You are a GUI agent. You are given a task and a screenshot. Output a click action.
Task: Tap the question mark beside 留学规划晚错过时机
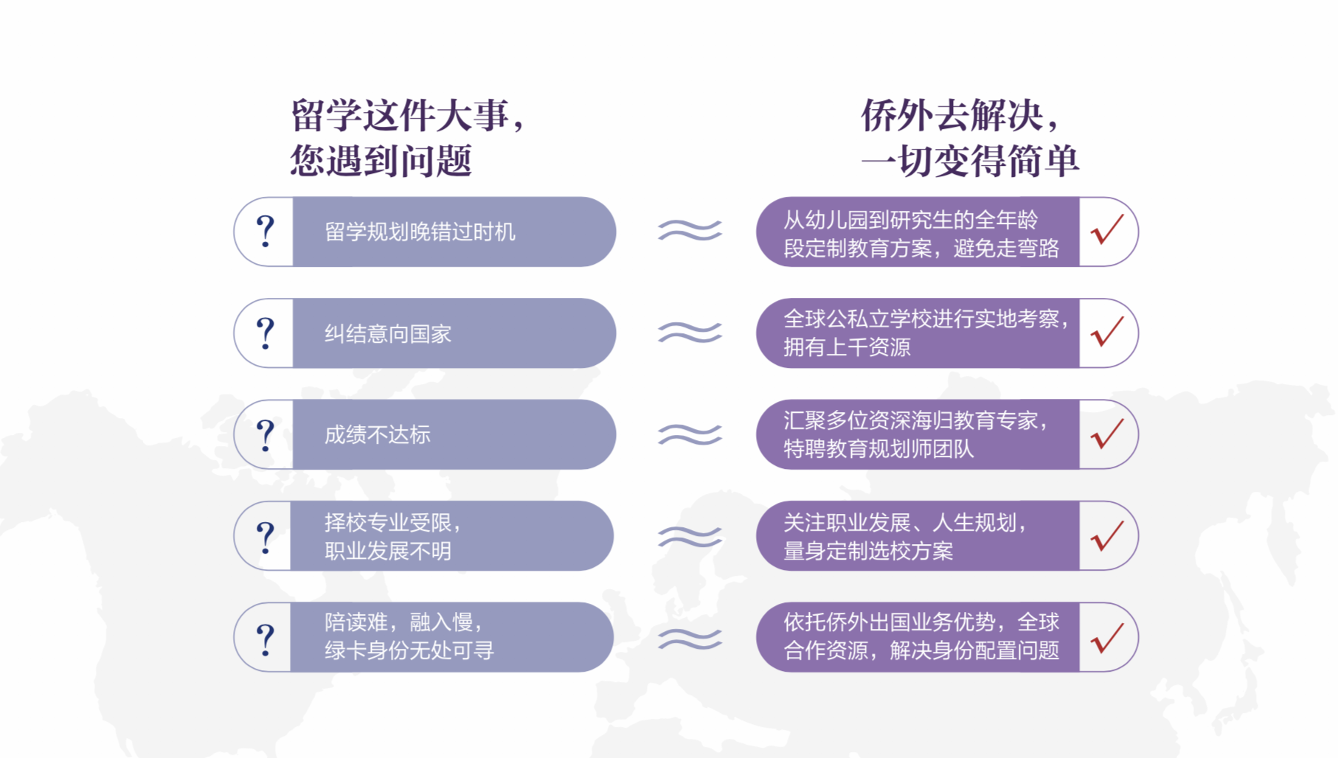[x=266, y=232]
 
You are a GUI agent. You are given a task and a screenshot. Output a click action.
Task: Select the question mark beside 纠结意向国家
[x=266, y=333]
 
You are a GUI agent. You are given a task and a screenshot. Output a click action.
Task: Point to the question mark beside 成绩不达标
[x=266, y=435]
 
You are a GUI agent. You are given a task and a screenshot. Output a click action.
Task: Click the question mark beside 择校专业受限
[x=266, y=537]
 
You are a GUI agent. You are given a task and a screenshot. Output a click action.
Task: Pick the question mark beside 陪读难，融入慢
[x=266, y=639]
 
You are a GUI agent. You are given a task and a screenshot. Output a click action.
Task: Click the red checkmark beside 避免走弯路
[x=1107, y=230]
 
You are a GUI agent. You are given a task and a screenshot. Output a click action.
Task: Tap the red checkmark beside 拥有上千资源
[x=1107, y=332]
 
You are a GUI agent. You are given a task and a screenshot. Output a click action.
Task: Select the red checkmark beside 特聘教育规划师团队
[x=1107, y=434]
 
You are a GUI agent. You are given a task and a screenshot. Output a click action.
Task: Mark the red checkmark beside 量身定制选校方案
[x=1107, y=535]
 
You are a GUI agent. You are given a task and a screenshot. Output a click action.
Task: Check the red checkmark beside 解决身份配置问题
[x=1107, y=637]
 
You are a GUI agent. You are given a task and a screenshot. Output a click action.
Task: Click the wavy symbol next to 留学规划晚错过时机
[x=690, y=231]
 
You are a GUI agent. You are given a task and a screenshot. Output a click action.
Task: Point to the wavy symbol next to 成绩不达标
[x=690, y=434]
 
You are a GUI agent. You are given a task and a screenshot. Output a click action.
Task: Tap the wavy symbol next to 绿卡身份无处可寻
[x=690, y=638]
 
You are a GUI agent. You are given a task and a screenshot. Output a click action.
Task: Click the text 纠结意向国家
[x=388, y=334]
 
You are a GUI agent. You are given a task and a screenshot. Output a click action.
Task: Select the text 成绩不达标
[x=378, y=435]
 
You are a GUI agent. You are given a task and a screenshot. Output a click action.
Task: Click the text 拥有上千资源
[x=847, y=347]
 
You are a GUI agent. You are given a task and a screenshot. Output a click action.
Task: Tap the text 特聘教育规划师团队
[x=878, y=448]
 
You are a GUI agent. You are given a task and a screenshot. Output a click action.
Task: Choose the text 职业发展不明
[x=388, y=551]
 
